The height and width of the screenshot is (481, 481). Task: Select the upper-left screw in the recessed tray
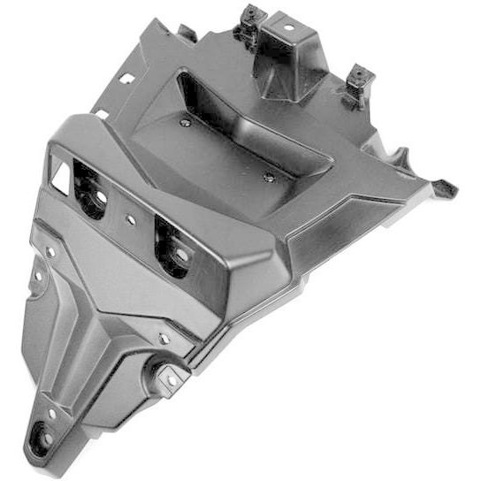pos(184,123)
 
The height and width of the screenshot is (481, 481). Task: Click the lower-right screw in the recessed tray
pos(269,177)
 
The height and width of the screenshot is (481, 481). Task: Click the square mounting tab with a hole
pos(170,377)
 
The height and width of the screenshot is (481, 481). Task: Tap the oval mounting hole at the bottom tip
pos(39,437)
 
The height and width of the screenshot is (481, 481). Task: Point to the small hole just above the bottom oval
pos(52,413)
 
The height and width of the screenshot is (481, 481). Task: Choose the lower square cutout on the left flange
pos(103,114)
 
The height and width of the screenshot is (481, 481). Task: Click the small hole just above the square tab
pos(164,339)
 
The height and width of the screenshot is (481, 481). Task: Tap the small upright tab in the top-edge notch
pos(187,34)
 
